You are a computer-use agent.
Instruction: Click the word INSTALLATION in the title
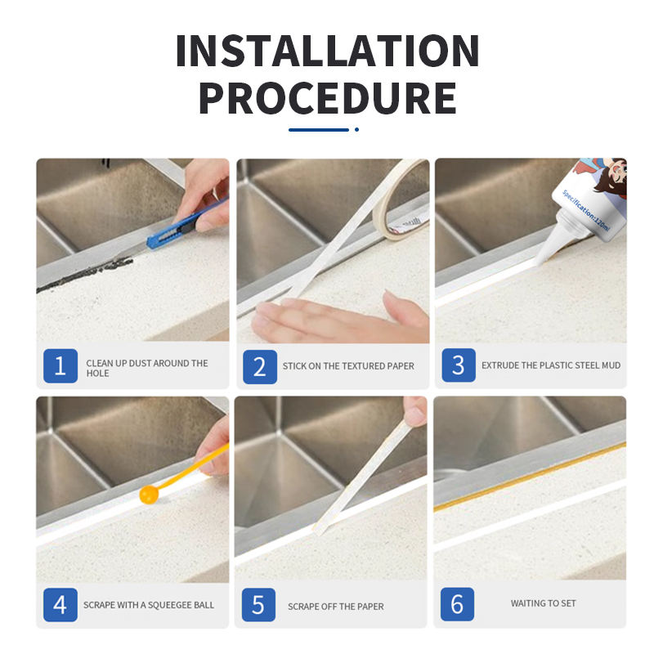click(x=328, y=51)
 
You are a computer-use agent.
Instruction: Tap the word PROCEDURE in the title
click(x=328, y=98)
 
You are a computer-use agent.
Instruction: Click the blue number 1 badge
click(x=60, y=365)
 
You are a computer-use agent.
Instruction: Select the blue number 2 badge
click(x=260, y=367)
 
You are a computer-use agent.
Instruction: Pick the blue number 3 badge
click(x=459, y=365)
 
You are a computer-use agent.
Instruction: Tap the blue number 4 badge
click(x=60, y=605)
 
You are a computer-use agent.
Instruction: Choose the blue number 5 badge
click(x=258, y=605)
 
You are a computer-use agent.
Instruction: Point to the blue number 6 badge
click(x=457, y=604)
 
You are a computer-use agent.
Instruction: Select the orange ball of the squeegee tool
click(x=149, y=495)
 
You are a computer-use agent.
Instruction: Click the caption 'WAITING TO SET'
click(x=543, y=603)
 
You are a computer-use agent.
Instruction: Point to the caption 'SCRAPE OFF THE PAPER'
click(x=336, y=607)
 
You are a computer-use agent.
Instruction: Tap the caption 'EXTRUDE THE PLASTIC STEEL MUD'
click(x=551, y=365)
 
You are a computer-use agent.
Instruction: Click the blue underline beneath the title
click(x=319, y=130)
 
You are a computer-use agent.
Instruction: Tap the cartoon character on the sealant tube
click(x=607, y=177)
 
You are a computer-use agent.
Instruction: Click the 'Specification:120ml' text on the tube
click(x=585, y=211)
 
